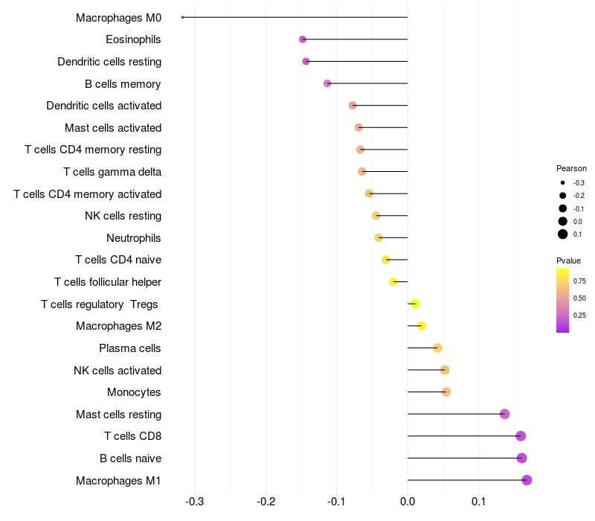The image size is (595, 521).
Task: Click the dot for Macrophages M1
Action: point(527,480)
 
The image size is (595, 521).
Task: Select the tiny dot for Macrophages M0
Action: point(182,17)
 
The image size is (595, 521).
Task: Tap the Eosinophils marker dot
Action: point(303,39)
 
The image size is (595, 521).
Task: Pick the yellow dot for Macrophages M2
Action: point(422,326)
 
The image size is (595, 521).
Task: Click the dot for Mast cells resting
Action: point(504,414)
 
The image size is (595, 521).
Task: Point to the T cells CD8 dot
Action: point(521,436)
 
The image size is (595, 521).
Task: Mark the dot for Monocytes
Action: point(446,392)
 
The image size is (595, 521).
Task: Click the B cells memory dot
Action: point(327,83)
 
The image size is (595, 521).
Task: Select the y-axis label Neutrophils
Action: point(134,238)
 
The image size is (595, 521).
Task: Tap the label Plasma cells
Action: point(130,348)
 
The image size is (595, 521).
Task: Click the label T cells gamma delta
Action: point(112,172)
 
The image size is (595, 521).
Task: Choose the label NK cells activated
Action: point(118,371)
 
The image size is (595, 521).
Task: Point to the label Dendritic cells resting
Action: point(109,62)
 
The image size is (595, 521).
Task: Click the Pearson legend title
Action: point(571,168)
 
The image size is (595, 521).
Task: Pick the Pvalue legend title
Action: point(568,260)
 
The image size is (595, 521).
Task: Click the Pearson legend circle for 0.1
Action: point(563,234)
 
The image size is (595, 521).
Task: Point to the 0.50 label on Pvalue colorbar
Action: point(579,298)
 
